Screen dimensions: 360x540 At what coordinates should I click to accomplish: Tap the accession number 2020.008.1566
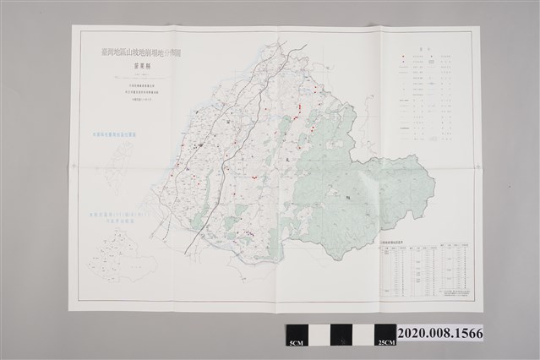coord(439,334)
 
